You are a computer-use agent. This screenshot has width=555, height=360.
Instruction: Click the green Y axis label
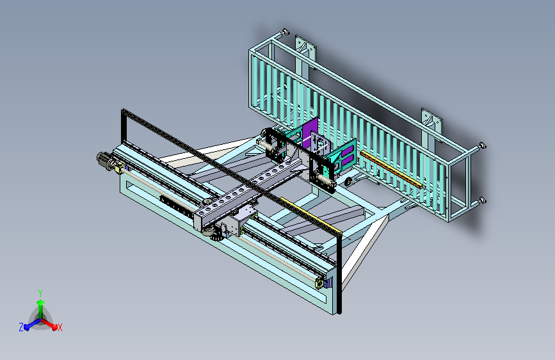(x=40, y=293)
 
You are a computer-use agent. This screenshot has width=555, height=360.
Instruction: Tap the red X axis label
(x=60, y=327)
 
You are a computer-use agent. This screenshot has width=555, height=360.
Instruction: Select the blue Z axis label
(x=21, y=327)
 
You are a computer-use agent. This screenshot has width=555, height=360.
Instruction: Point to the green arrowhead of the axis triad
(x=41, y=302)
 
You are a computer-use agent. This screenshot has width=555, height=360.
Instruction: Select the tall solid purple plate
(x=310, y=131)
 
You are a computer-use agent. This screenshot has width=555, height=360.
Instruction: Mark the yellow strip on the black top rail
(x=310, y=216)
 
